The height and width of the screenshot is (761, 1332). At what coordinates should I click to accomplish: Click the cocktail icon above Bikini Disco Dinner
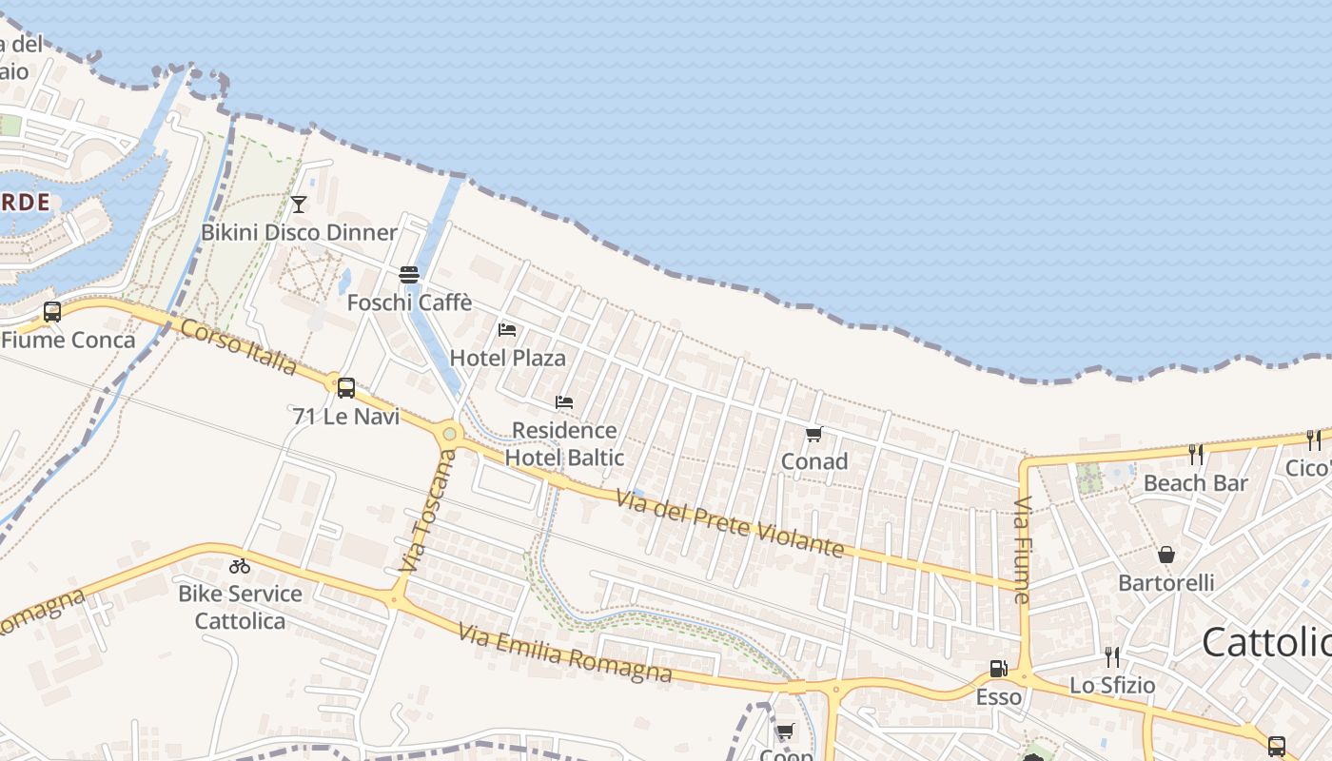(x=299, y=204)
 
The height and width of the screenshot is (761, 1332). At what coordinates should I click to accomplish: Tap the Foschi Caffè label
(x=409, y=302)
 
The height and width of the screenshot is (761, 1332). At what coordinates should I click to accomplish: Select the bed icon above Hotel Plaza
(x=507, y=330)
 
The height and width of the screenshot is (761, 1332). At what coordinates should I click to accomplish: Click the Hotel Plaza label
(x=507, y=358)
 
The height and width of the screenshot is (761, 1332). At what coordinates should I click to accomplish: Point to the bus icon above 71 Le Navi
(x=346, y=387)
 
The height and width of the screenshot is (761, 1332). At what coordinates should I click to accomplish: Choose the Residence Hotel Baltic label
(x=564, y=443)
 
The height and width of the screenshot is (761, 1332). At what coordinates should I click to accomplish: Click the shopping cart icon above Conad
(x=813, y=435)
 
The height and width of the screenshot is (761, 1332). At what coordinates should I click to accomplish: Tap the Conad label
(x=813, y=461)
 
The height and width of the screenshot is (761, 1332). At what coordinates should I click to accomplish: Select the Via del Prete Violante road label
(x=729, y=523)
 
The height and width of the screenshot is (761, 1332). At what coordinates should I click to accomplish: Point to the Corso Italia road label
(x=238, y=347)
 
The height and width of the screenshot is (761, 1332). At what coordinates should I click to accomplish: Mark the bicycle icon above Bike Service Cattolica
(x=240, y=566)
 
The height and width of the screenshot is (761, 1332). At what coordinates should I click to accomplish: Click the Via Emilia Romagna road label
(x=564, y=654)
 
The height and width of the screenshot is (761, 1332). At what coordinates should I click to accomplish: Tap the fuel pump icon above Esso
(x=998, y=670)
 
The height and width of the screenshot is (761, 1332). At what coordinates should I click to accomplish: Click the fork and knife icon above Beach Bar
(x=1196, y=455)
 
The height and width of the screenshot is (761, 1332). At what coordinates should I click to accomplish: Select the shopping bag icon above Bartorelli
(x=1166, y=555)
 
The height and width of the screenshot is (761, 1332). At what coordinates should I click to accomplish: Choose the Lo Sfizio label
(x=1112, y=685)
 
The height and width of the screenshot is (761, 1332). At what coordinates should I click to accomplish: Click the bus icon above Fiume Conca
(x=52, y=311)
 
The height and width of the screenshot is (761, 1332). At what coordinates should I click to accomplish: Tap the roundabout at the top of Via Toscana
(x=449, y=435)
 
